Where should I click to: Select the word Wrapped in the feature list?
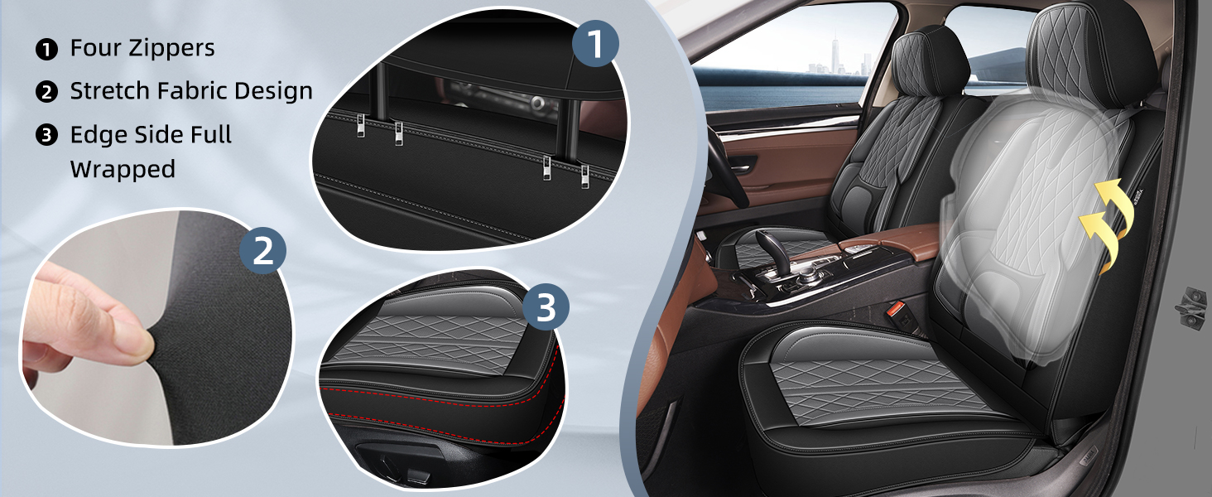(123, 170)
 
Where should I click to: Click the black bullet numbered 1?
(46, 49)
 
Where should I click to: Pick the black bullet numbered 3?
(46, 135)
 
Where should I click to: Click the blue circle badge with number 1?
(595, 43)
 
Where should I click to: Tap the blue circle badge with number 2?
(263, 250)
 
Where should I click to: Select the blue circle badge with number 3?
(546, 307)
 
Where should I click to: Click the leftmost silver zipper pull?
(361, 126)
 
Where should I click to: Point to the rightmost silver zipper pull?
(584, 176)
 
